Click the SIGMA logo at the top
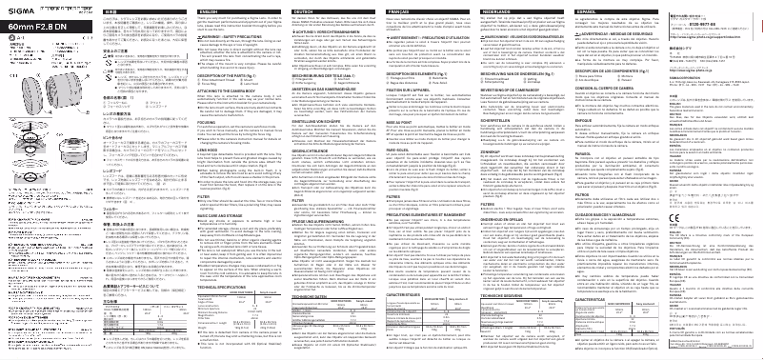(25, 9)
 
